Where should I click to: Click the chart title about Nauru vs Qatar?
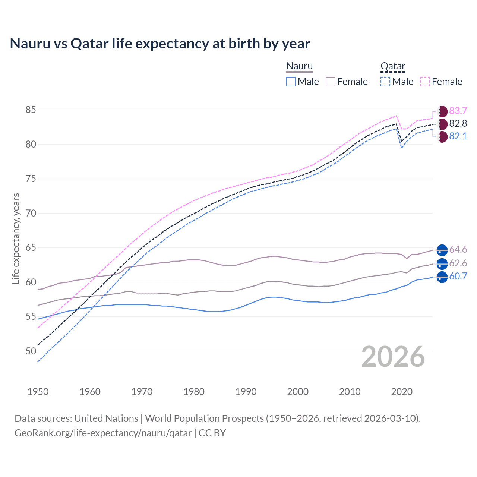160,44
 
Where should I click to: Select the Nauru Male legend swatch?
291,82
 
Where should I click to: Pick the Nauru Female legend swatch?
331,82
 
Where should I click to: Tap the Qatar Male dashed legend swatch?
385,82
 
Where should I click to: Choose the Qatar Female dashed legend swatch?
425,82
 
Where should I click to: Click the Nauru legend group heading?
300,66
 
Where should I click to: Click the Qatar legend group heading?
393,66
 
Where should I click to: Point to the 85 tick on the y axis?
31,110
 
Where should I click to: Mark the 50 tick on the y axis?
31,351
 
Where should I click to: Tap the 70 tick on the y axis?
31,213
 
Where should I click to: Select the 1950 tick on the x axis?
38,392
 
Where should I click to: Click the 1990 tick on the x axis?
246,392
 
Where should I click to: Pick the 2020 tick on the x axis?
402,392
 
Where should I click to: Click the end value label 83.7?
458,111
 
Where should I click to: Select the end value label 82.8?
458,124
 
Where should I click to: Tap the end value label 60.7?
458,277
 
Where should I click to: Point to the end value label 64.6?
458,250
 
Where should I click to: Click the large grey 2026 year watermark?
393,357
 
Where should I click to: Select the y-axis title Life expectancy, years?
16,238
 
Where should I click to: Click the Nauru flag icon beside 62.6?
442,263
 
